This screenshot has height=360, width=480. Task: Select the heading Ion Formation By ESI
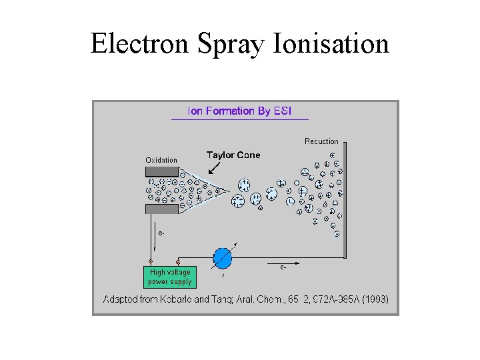pyautogui.click(x=239, y=111)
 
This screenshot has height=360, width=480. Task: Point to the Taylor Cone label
pyautogui.click(x=233, y=155)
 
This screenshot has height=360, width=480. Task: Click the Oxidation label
pyautogui.click(x=161, y=160)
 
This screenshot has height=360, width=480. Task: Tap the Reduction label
pyautogui.click(x=321, y=141)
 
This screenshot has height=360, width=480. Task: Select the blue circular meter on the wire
pyautogui.click(x=222, y=257)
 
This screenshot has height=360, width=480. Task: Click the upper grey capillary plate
pyautogui.click(x=162, y=171)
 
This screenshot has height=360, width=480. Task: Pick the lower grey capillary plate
pyautogui.click(x=162, y=209)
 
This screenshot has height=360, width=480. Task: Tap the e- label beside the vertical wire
pyautogui.click(x=161, y=233)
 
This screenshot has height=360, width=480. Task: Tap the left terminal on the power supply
pyautogui.click(x=151, y=261)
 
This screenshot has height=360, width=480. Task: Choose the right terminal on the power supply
pyautogui.click(x=178, y=261)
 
